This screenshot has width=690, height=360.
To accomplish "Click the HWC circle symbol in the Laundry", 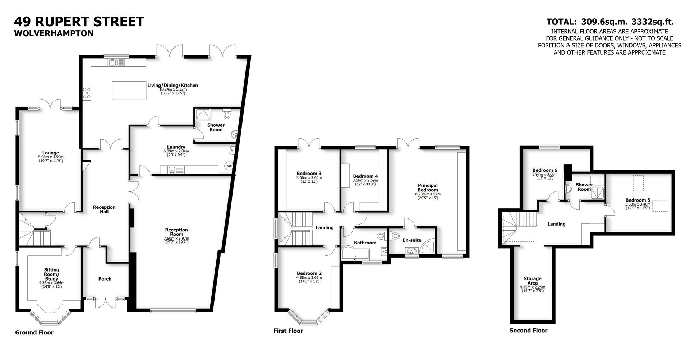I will (x=228, y=166).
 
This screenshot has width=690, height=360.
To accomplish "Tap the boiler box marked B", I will (x=232, y=150).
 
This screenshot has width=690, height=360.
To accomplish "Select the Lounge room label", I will (x=50, y=153).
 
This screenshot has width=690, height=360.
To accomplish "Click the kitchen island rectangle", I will (x=129, y=90).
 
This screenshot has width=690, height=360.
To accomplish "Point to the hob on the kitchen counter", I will (x=87, y=93).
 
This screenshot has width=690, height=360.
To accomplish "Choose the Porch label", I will (x=105, y=279).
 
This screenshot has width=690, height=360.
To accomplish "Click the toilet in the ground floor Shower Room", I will (x=227, y=114).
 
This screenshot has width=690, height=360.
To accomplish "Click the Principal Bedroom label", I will (x=428, y=188).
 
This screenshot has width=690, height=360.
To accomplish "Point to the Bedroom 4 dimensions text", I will (x=365, y=182).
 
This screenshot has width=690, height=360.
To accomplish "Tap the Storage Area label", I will (x=532, y=281).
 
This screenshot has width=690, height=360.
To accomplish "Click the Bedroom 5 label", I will (x=638, y=200).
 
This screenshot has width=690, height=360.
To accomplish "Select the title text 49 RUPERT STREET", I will (x=79, y=22).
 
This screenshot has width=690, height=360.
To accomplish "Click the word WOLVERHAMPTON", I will (x=54, y=33).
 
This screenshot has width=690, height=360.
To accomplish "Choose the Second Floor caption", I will (x=528, y=331).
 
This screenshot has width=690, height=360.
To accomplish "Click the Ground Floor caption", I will (x=34, y=333).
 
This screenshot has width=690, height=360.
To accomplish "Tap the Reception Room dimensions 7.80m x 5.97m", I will (x=176, y=239).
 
